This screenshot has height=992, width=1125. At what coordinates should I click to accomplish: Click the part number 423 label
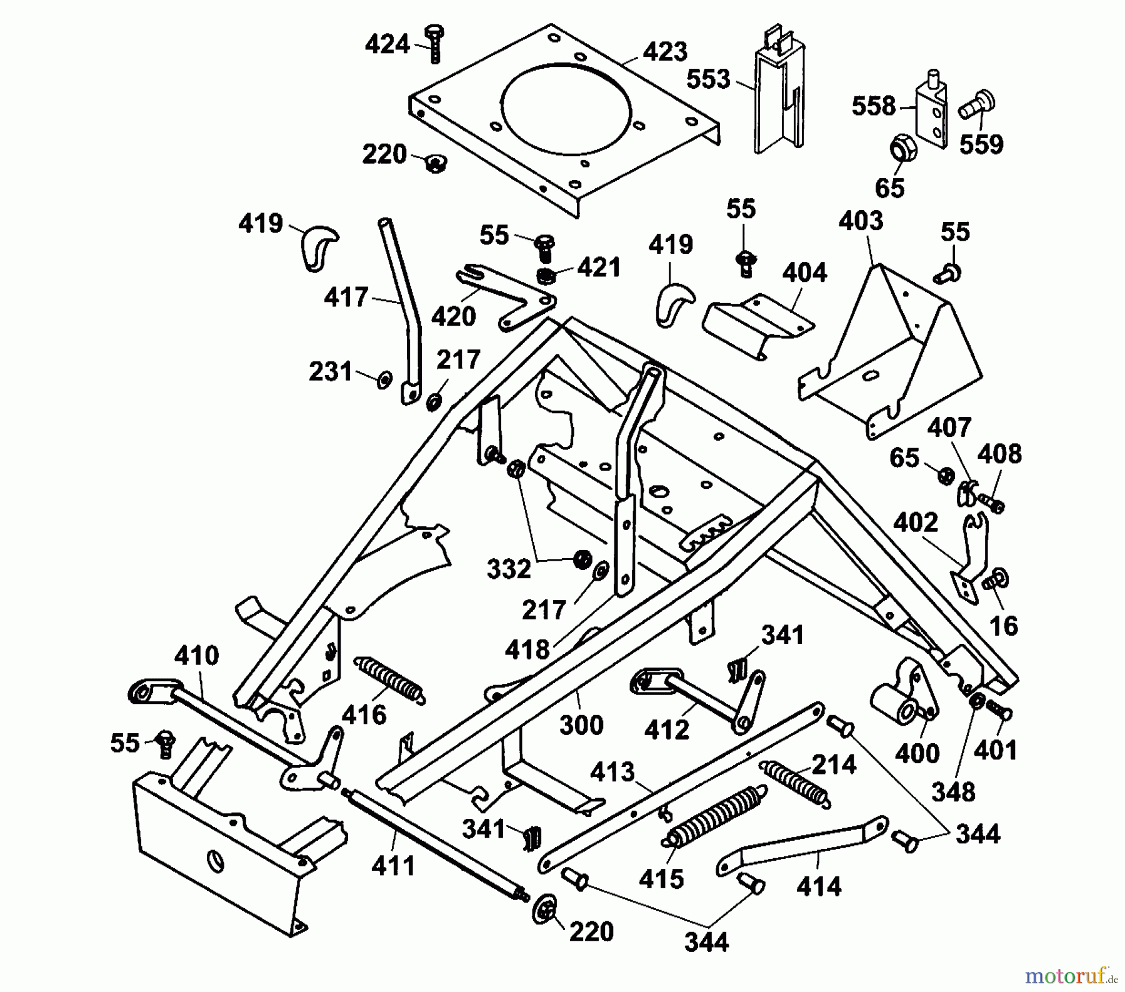point(664,52)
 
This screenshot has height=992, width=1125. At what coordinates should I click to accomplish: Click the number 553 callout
point(708,79)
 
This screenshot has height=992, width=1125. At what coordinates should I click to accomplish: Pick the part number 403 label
point(861,221)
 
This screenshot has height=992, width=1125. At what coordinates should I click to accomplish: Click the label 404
point(804,273)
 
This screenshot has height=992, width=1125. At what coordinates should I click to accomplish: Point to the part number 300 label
point(581,725)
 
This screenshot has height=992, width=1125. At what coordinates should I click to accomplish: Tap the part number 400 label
point(917,753)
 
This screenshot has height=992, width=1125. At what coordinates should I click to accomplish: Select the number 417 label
point(346,298)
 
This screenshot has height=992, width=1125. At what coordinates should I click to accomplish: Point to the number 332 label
point(509,569)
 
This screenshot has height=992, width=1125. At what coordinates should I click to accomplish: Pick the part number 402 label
point(916,523)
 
